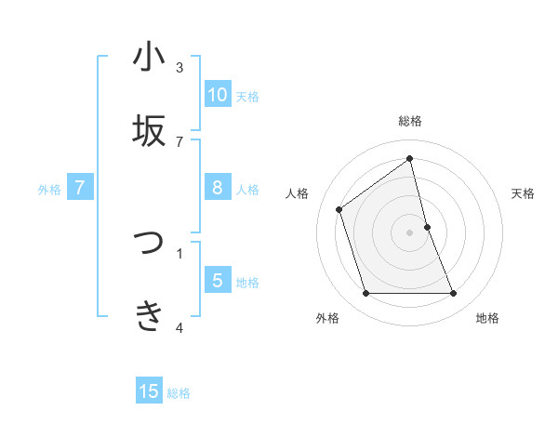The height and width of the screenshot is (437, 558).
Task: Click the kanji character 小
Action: pyautogui.click(x=149, y=58)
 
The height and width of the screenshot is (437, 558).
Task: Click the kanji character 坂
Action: pyautogui.click(x=149, y=131)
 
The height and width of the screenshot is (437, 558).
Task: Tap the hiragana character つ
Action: pyautogui.click(x=149, y=243)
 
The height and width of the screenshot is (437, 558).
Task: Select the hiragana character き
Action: pyautogui.click(x=149, y=316)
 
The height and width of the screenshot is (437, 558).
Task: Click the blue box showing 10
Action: pyautogui.click(x=218, y=95)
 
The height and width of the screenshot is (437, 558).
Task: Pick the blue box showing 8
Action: pyautogui.click(x=218, y=188)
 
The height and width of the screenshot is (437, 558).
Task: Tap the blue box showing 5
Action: pyautogui.click(x=218, y=281)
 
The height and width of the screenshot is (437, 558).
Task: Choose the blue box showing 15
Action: pyautogui.click(x=149, y=391)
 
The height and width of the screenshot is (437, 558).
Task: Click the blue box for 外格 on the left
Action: pyautogui.click(x=80, y=188)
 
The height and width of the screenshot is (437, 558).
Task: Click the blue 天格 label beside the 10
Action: pyautogui.click(x=247, y=96)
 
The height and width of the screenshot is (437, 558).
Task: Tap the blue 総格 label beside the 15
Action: pyautogui.click(x=179, y=393)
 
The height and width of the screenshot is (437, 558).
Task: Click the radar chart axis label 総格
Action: pyautogui.click(x=410, y=121)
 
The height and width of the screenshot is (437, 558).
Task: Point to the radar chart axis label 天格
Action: pyautogui.click(x=524, y=193)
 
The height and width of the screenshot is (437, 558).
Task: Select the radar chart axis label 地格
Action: pyautogui.click(x=487, y=318)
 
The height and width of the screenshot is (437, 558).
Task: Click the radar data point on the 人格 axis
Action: pyautogui.click(x=339, y=209)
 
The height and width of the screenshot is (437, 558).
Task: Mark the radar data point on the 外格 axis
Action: pyautogui.click(x=365, y=294)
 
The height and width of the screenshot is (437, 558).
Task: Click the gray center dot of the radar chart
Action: pyautogui.click(x=410, y=232)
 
